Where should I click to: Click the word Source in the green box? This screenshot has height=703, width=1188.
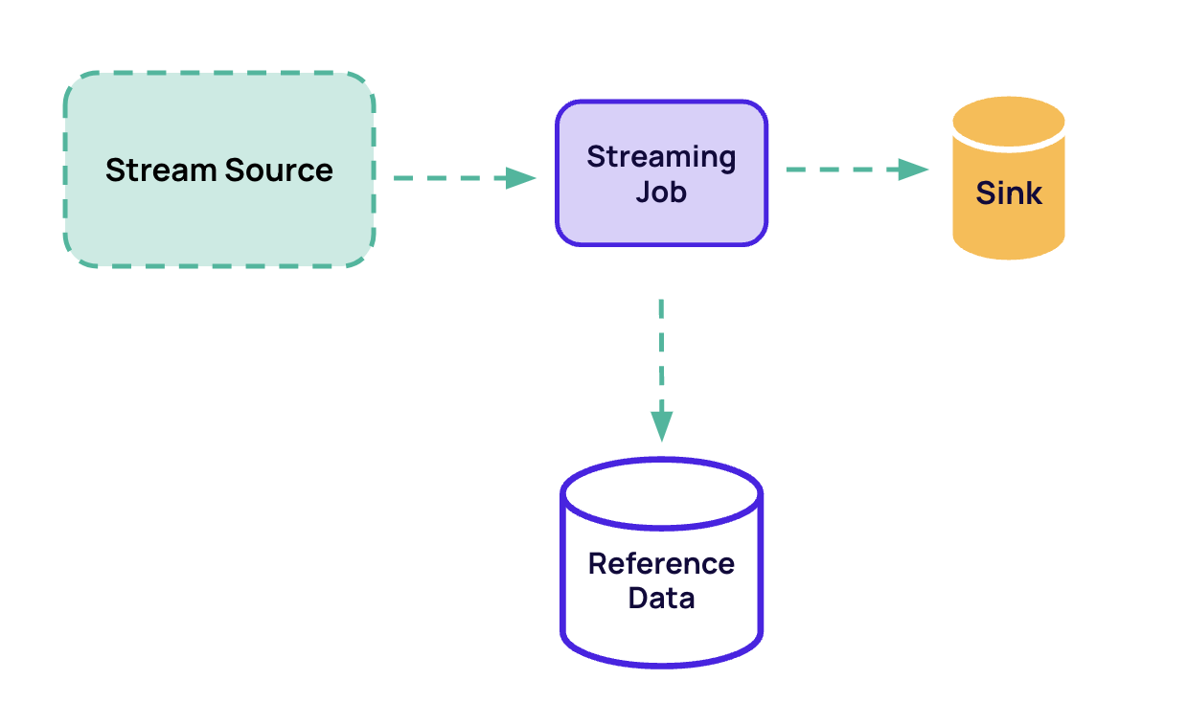280,170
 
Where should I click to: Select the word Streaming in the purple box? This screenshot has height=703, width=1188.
661,156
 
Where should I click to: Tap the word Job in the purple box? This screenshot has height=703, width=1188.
661,192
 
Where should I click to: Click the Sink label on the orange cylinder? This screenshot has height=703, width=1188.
1009,193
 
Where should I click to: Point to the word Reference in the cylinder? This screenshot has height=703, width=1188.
661,563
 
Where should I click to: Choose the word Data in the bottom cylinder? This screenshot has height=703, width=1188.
661,599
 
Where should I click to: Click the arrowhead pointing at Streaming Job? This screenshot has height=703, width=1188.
520,177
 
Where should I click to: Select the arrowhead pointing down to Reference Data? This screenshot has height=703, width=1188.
661,425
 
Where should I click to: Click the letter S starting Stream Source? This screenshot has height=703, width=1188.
115,170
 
